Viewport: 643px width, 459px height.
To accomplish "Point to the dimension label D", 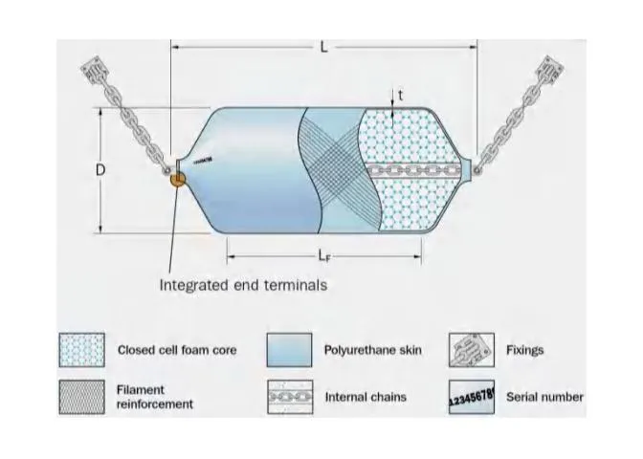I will click(x=100, y=169).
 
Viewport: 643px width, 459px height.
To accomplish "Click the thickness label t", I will click(x=401, y=96).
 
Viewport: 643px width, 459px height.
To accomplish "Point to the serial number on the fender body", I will click(x=203, y=161).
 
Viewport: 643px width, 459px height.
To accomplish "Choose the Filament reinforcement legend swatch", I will click(x=82, y=397).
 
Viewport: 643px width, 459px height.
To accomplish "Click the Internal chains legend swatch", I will click(x=289, y=397).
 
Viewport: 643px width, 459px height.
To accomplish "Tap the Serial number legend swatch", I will click(x=471, y=397).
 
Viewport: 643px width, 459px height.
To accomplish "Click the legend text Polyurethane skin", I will click(x=371, y=350).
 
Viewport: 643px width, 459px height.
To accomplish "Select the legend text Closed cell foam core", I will click(x=176, y=350).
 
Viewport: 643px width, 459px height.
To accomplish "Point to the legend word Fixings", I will click(x=524, y=350).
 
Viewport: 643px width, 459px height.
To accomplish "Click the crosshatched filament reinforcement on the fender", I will click(x=331, y=163).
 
